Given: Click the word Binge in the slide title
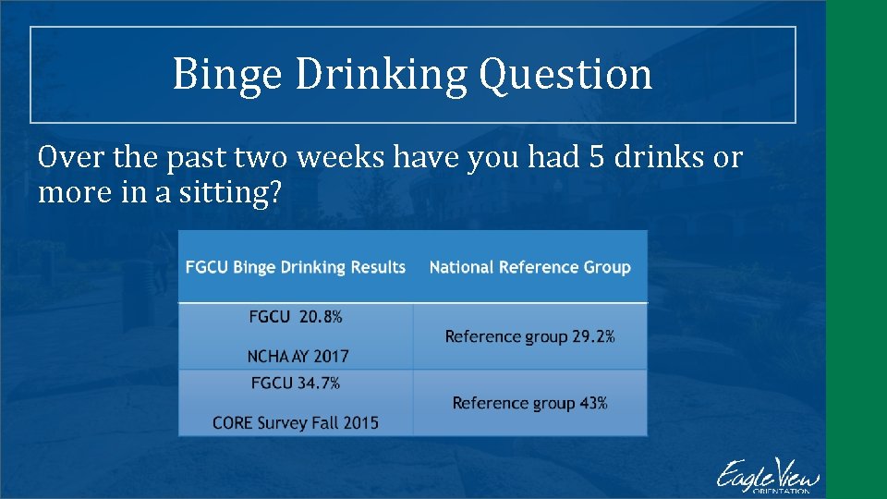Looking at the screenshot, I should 227,75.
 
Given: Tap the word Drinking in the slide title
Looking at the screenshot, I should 381,75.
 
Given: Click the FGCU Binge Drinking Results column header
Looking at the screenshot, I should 296,267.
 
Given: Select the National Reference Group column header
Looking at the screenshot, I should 530,267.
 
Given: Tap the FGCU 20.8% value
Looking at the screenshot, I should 296,316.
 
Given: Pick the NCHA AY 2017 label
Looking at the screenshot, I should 298,356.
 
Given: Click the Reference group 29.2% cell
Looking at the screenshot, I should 530,336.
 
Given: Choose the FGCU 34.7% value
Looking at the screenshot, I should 296,383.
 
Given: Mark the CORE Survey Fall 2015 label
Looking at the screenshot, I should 296,422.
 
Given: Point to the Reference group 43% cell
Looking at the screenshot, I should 530,403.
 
